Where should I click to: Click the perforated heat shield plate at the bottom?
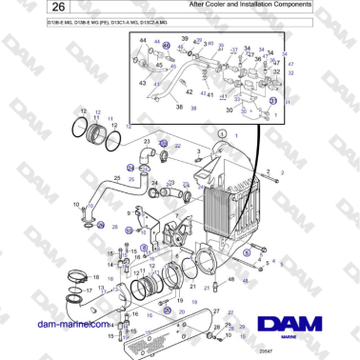[157, 328]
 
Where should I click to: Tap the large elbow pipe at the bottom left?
[90, 310]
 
